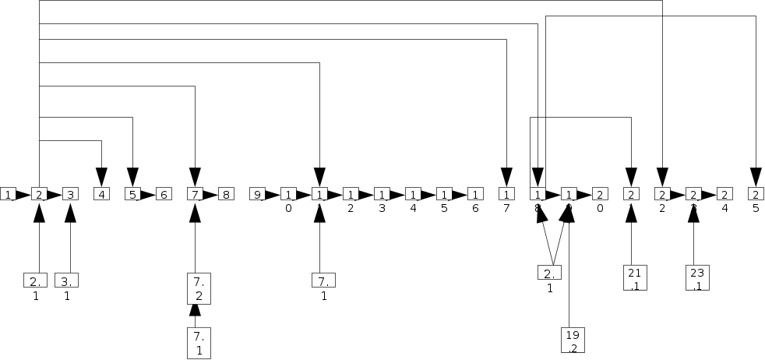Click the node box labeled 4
coord(101,194)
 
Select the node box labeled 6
coord(164,194)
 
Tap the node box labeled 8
coord(226,194)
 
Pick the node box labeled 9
coord(257,194)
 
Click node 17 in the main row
coord(506,194)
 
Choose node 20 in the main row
coord(600,194)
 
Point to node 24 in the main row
coord(724,194)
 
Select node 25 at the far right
coord(756,194)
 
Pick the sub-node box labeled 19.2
coord(573,341)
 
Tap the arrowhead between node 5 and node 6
coord(148,194)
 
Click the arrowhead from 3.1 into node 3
coord(70,211)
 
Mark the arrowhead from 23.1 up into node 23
coord(693,211)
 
